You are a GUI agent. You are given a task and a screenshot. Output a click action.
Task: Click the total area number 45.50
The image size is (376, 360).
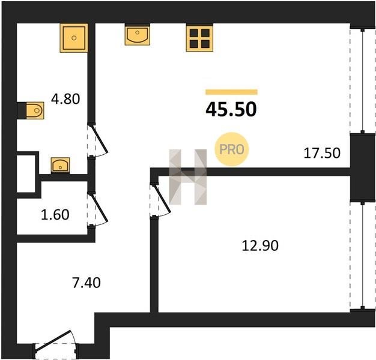231,109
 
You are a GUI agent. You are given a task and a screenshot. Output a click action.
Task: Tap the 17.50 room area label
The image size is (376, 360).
322,153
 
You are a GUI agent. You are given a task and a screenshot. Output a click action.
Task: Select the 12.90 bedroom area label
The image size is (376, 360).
260,245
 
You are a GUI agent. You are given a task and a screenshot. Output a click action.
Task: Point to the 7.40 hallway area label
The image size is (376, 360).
86,283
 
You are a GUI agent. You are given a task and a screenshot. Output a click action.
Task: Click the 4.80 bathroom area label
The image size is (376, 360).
65,98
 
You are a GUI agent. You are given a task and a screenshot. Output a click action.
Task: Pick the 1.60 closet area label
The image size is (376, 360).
55,215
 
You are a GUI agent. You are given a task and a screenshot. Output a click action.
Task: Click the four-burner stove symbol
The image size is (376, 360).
199,38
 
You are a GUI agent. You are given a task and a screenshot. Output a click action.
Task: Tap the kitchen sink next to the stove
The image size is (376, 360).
138,35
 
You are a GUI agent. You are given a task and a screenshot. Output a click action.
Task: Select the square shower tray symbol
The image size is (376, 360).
74,38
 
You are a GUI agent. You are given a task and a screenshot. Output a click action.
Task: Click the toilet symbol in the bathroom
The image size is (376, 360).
35,110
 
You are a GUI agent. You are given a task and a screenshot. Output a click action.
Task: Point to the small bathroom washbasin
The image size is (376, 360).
60,165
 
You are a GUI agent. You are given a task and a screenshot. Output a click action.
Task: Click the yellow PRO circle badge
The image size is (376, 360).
232,149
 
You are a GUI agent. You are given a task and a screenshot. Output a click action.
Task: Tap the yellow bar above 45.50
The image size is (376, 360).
231,92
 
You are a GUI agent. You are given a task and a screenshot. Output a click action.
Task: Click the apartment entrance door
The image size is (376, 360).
56,344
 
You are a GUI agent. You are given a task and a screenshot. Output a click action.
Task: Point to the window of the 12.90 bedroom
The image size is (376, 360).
362,256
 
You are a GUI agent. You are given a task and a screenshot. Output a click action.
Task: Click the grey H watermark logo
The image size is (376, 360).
188,177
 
